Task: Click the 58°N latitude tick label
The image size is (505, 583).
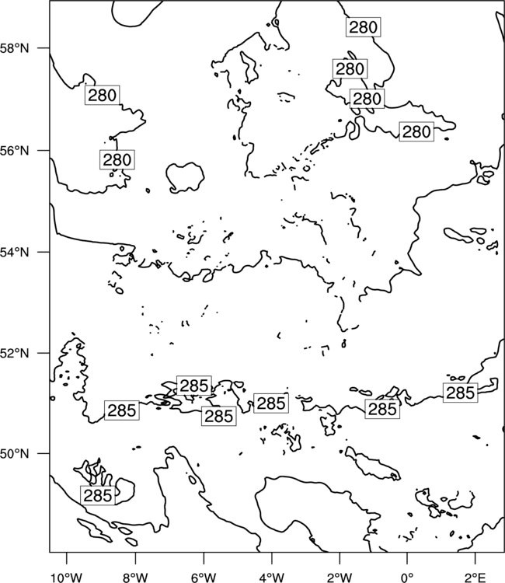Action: [x=15, y=48]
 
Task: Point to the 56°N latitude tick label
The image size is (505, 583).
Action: [x=15, y=151]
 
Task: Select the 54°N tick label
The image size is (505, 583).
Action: [x=15, y=253]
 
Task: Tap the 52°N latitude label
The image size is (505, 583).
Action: [x=15, y=353]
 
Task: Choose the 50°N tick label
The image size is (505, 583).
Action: [x=15, y=454]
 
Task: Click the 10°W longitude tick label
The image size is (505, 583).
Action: [x=66, y=577]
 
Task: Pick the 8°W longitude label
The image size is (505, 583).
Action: [x=135, y=577]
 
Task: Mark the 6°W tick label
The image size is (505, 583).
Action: [x=204, y=577]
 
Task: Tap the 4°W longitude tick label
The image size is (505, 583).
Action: [x=272, y=577]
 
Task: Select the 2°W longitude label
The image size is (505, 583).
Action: [x=340, y=577]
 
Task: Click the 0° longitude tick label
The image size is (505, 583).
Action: [x=407, y=577]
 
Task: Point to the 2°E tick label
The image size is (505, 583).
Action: [x=475, y=577]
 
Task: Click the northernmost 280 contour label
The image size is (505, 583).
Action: [x=363, y=27]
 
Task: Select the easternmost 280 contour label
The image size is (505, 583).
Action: [x=416, y=131]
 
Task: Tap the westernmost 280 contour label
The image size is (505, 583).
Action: [x=103, y=95]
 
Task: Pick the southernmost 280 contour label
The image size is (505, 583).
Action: [x=117, y=160]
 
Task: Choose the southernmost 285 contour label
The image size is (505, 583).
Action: [x=98, y=495]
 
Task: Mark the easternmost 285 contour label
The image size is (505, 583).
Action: [x=461, y=393]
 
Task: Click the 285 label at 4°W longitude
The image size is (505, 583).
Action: [x=271, y=403]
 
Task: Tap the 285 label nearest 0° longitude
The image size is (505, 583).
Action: [x=382, y=409]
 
